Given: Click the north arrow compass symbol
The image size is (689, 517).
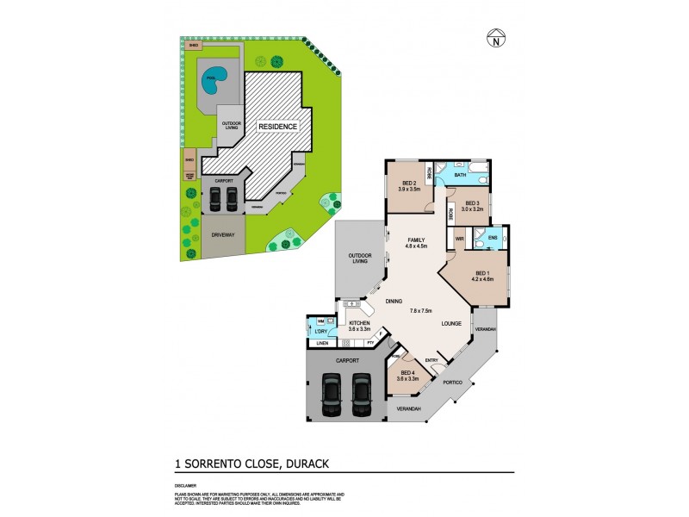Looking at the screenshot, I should [494, 38].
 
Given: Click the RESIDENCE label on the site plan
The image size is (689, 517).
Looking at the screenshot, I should [278, 127].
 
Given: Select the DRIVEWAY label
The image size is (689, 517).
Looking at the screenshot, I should [223, 236].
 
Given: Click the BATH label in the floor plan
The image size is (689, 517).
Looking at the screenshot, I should [460, 175].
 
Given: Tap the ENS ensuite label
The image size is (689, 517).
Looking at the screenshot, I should [493, 237].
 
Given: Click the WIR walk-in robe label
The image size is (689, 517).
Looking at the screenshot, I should [459, 238].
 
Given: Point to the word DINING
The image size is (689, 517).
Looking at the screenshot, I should [394, 301].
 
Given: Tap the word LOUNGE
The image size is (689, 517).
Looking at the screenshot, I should [451, 323].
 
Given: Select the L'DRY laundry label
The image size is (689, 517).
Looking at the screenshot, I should [320, 332].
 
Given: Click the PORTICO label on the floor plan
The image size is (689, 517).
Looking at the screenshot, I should [453, 382].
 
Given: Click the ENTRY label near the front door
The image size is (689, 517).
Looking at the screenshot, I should [431, 360].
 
